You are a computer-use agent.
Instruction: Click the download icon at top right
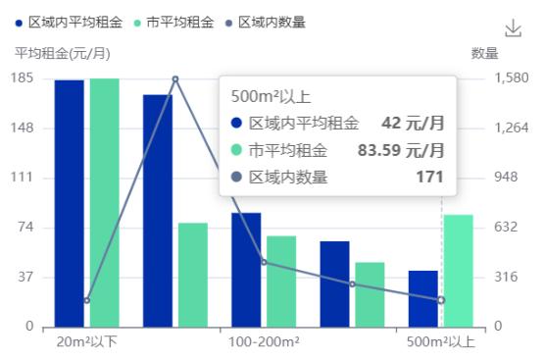tap(513, 28)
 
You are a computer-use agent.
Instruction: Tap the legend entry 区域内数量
tap(271, 22)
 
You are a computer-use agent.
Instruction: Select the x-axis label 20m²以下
tap(87, 342)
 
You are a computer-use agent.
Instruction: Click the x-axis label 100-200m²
tap(264, 342)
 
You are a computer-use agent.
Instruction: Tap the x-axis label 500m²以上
tap(441, 342)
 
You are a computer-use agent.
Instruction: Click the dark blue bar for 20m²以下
tap(69, 203)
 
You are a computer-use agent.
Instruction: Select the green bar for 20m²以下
tap(104, 202)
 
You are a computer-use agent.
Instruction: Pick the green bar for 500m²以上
tap(458, 271)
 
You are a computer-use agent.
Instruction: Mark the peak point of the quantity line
tap(175, 79)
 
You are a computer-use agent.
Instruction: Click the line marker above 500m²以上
tap(441, 300)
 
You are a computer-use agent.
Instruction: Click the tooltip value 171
tap(429, 177)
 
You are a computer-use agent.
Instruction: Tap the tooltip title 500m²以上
tap(271, 96)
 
